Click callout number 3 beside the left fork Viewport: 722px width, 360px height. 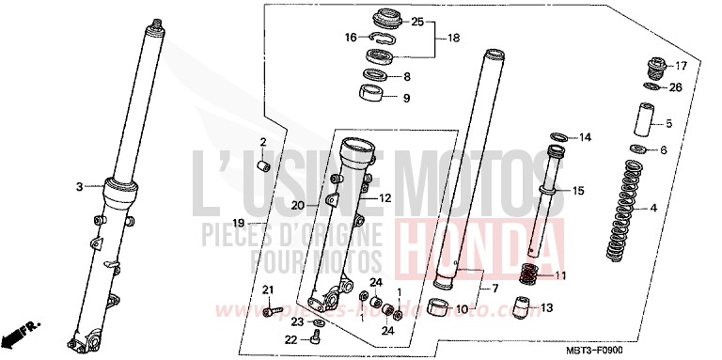79,186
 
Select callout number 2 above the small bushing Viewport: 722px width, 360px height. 263,142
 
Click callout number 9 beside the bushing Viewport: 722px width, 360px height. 406,97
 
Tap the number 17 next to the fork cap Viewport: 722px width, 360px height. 682,66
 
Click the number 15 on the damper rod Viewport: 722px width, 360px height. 578,191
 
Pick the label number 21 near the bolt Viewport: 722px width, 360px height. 266,289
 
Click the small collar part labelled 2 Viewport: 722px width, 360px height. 264,165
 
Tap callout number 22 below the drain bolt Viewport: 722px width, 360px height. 291,340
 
